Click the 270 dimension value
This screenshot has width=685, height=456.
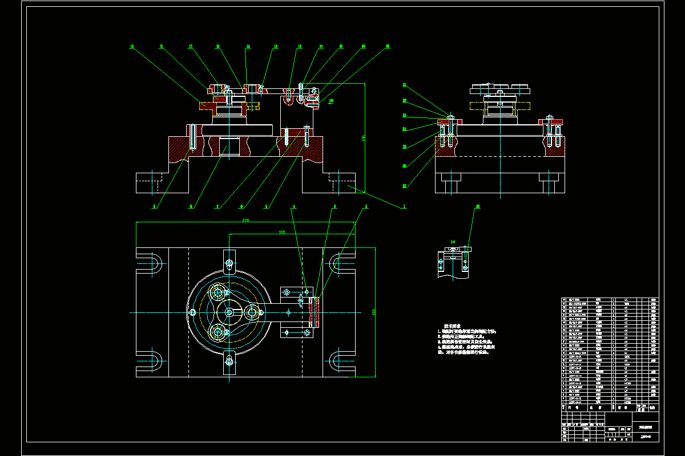[x=246, y=220]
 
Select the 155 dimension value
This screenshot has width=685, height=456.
[x=282, y=232]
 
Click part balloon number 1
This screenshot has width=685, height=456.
[x=404, y=207]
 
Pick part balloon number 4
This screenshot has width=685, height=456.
[x=294, y=206]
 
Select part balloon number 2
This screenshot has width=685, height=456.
[x=366, y=206]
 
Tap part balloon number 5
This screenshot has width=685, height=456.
[x=266, y=207]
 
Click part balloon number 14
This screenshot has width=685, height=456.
[x=248, y=46]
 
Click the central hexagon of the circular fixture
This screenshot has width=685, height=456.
[x=229, y=312]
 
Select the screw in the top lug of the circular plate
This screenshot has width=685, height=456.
[x=229, y=263]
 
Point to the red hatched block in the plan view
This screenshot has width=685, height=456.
[x=312, y=312]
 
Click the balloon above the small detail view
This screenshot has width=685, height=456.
[x=478, y=206]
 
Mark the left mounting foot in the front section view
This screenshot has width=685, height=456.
[x=152, y=183]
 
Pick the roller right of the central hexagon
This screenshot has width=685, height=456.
[x=252, y=312]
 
